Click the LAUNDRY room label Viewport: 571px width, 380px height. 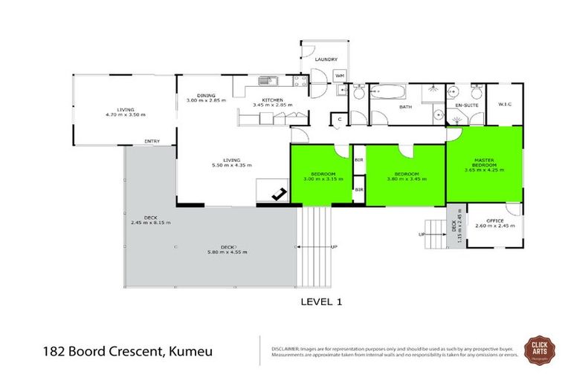326,59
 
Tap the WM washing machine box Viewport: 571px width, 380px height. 339,76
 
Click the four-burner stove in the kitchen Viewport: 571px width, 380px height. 299,80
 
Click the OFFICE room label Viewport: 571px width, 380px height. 495,220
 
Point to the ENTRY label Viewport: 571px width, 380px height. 152,141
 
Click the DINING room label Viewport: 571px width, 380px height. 206,94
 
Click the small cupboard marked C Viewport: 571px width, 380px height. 338,119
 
